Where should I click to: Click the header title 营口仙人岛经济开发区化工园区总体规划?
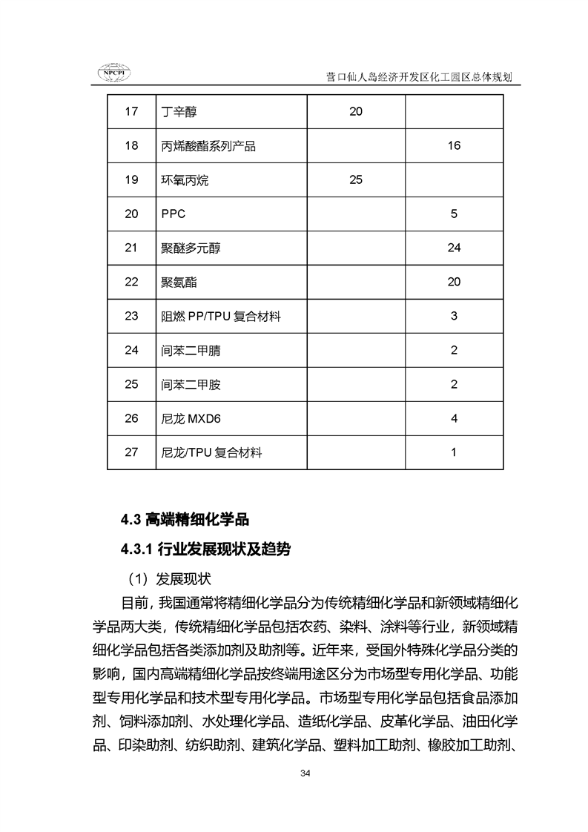[420, 76]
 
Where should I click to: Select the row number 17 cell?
[131, 112]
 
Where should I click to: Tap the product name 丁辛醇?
[179, 112]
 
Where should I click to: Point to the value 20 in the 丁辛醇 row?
[355, 112]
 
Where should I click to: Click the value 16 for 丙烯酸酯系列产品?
[454, 146]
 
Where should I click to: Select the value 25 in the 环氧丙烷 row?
[355, 180]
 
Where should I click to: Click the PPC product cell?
[174, 214]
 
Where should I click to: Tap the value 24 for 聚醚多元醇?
[454, 248]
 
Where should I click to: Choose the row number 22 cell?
[131, 283]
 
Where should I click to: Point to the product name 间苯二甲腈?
[191, 351]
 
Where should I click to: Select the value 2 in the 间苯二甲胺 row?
[454, 385]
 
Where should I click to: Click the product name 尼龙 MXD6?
[191, 419]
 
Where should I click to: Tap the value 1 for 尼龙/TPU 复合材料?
[454, 452]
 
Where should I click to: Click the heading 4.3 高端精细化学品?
[191, 520]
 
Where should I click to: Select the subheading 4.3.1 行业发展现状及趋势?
[206, 549]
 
